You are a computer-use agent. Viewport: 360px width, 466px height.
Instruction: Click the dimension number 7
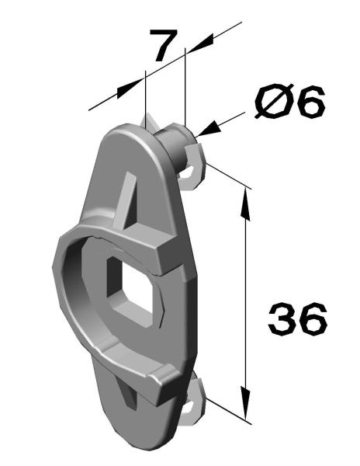click(163, 45)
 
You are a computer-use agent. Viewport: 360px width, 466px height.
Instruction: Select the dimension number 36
click(297, 319)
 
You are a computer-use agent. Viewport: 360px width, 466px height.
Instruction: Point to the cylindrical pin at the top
click(172, 146)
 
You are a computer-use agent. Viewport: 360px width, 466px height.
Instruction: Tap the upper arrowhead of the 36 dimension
click(245, 204)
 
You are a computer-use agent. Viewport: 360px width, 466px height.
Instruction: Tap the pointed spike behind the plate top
click(149, 123)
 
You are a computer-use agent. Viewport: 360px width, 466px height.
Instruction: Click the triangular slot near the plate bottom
click(127, 392)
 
